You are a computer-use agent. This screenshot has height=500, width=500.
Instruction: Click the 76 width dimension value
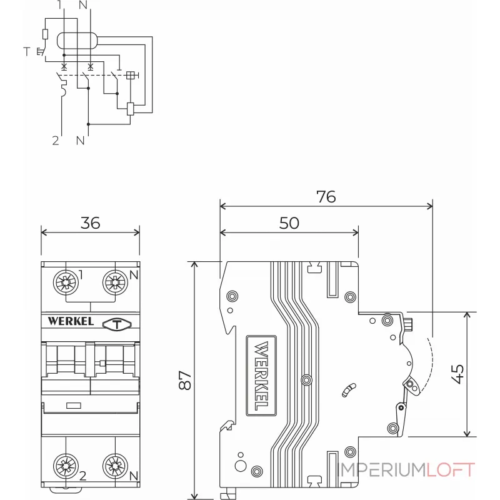pos(326,196)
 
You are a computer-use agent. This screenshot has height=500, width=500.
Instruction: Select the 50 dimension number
pos(289,223)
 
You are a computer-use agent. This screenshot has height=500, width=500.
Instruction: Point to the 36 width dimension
pos(91,223)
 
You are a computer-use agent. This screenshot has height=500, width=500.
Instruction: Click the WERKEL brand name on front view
pos(71,322)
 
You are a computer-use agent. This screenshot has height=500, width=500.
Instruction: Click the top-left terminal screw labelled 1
pos(65,282)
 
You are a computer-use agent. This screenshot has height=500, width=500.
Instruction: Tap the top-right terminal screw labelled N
pos(115,282)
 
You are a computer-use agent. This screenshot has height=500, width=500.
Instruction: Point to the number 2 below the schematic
pos(56,141)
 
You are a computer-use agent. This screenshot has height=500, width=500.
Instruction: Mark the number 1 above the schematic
pos(59,6)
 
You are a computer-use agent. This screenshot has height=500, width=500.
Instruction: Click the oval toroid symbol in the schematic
pos(76,41)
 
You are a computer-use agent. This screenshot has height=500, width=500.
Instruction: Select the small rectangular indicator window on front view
pos(73,406)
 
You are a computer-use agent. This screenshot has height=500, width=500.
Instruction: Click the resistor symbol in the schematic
pos(45,34)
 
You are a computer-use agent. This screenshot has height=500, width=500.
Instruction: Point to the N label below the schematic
pos(80,141)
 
